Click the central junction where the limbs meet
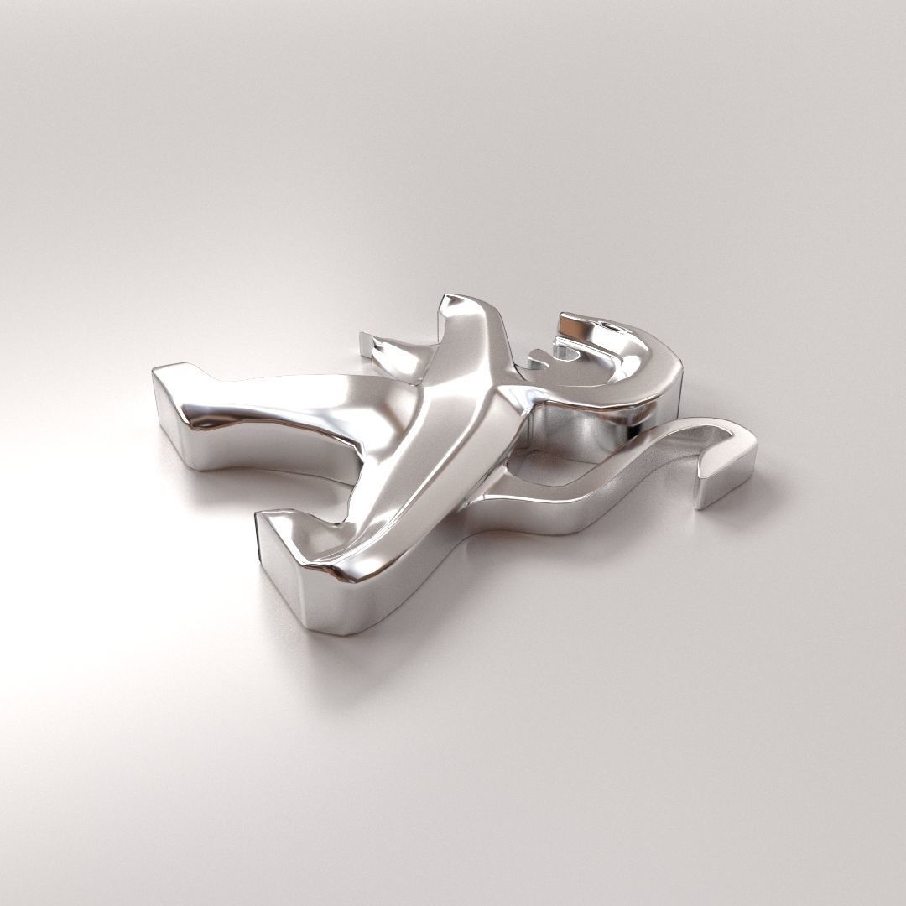coord(495,394)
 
